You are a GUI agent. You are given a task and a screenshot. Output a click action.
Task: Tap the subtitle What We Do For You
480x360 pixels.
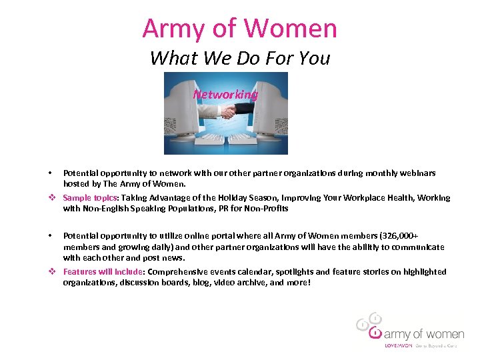tap(240, 58)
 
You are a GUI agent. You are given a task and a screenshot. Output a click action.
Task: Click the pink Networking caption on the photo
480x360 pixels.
tap(225, 95)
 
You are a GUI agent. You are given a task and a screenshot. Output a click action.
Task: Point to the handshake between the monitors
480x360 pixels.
tap(229, 111)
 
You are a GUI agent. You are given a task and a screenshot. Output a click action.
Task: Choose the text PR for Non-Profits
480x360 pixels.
tap(255, 209)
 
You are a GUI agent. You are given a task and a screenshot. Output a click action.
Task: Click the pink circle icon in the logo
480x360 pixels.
tap(375, 332)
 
